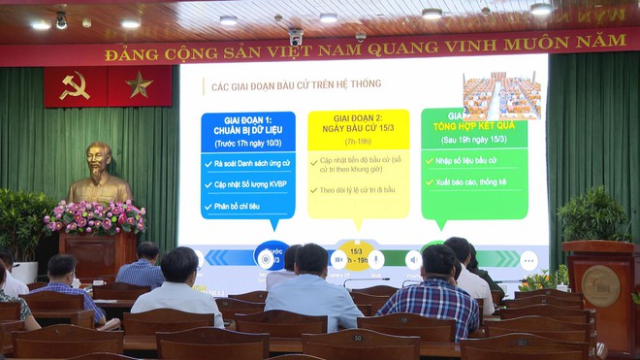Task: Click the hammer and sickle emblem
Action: pyautogui.click(x=75, y=85)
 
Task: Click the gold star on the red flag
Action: pyautogui.click(x=140, y=85)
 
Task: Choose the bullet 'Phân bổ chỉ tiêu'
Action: pyautogui.click(x=240, y=205)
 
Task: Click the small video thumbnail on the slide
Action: pyautogui.click(x=501, y=95)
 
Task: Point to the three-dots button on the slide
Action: pyautogui.click(x=528, y=260)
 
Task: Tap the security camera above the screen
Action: pyautogui.click(x=296, y=37)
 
